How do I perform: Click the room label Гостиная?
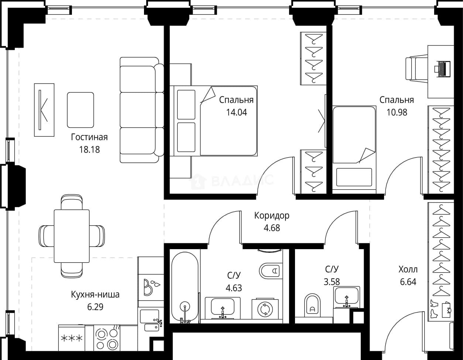(89, 137)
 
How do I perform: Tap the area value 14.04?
(237, 112)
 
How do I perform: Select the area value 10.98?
(397, 112)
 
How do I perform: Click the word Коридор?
(272, 215)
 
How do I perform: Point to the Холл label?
(408, 269)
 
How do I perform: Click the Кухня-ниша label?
(95, 295)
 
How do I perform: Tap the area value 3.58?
(332, 282)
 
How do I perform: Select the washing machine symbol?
(265, 309)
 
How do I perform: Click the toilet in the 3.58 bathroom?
(313, 306)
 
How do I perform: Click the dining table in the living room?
(72, 236)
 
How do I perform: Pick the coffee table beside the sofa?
(80, 110)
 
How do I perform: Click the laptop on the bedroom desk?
(442, 69)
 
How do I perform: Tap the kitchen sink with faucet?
(151, 320)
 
